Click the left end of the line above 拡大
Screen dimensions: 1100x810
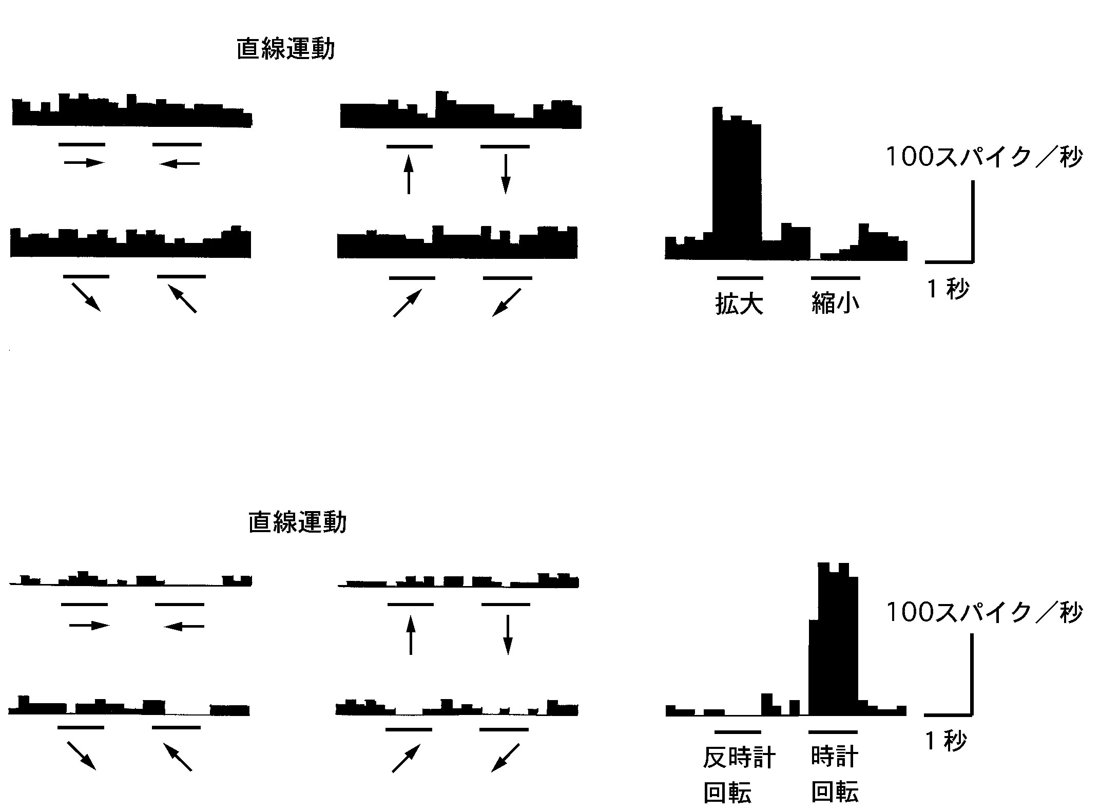(x=717, y=278)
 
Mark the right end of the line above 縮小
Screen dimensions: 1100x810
(x=860, y=278)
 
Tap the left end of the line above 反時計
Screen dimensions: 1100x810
(x=716, y=731)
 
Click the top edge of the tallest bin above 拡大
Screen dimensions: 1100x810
(x=718, y=107)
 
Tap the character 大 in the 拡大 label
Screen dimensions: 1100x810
(x=751, y=304)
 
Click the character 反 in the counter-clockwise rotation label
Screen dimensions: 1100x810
(x=715, y=758)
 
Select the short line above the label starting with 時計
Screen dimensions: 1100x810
(x=833, y=731)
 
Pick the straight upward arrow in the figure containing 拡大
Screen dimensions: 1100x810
(x=408, y=174)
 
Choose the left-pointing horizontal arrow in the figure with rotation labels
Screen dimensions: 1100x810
(x=184, y=626)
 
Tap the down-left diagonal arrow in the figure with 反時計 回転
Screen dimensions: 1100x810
(x=506, y=758)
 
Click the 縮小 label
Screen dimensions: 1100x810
(x=835, y=304)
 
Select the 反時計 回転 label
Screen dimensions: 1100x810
(x=739, y=775)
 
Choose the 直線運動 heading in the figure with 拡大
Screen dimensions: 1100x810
(x=285, y=50)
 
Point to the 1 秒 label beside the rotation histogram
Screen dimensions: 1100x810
(x=946, y=741)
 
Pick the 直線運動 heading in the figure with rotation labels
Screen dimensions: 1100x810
(x=298, y=523)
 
